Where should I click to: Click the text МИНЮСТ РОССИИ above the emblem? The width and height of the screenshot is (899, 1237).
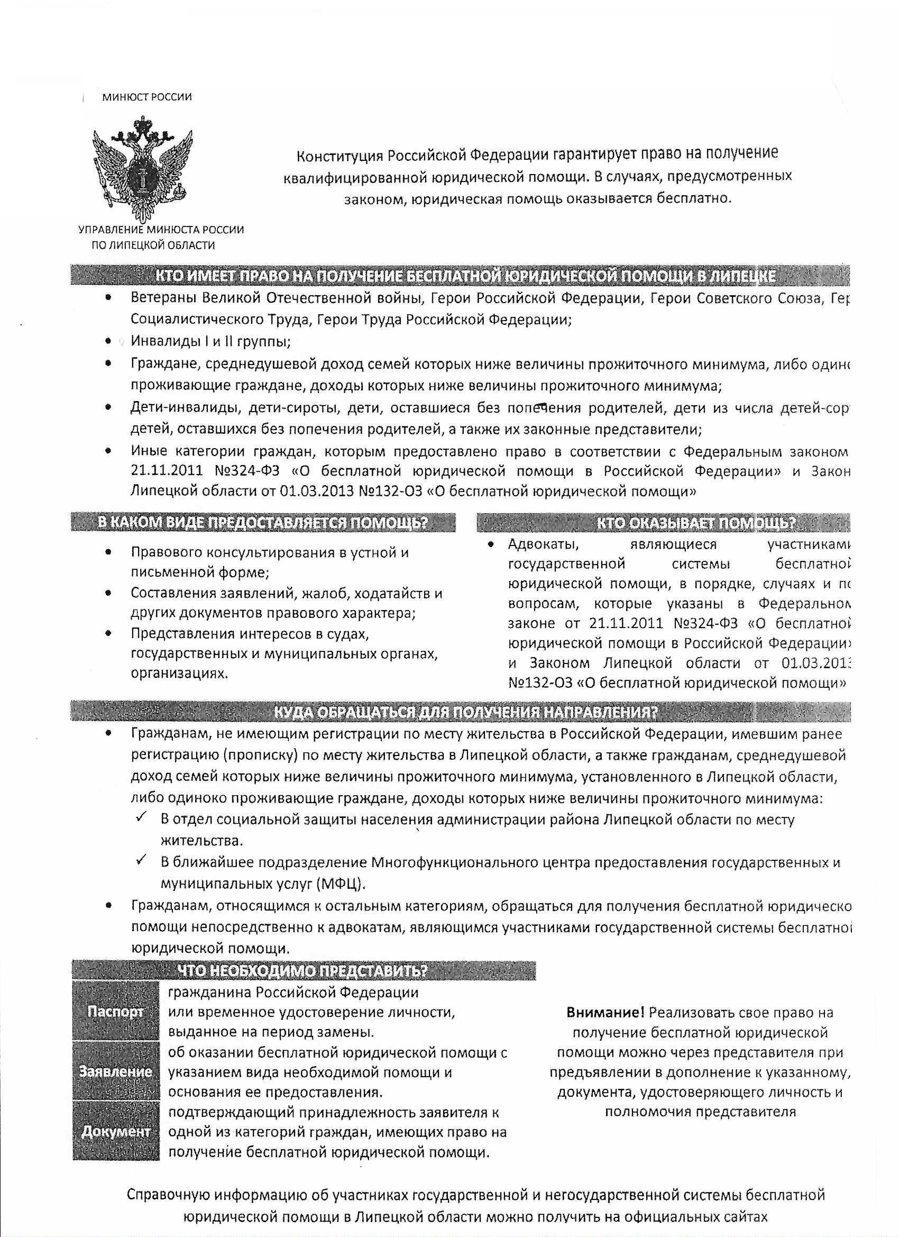click(x=146, y=97)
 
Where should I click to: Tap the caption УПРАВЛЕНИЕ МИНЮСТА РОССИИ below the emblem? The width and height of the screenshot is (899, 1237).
click(x=161, y=230)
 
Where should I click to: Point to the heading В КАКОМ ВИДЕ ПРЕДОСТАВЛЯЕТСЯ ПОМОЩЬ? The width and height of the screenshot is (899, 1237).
click(x=262, y=523)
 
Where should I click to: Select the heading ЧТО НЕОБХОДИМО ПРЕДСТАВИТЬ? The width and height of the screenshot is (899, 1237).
click(x=302, y=971)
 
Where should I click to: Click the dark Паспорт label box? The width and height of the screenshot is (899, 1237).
click(x=116, y=1012)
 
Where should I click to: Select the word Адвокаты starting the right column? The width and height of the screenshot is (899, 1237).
click(x=543, y=544)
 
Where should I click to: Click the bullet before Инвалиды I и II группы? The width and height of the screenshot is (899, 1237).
click(x=109, y=342)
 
